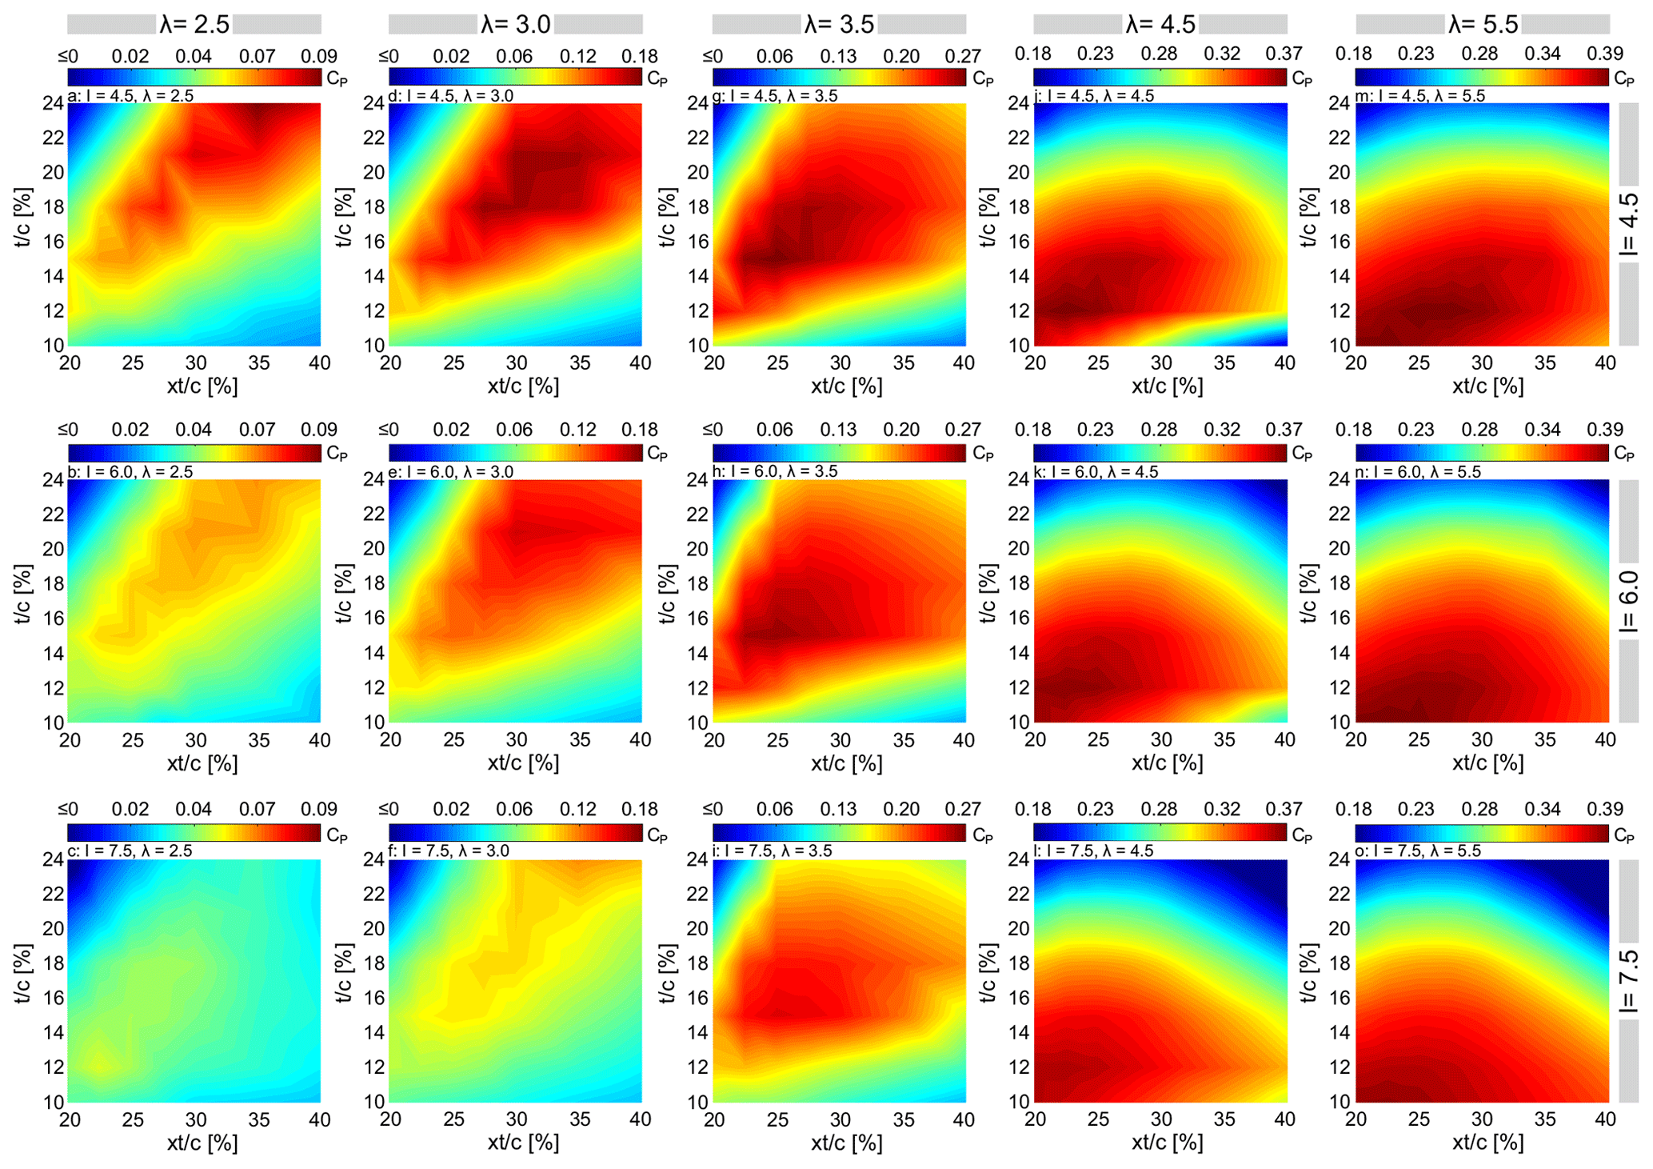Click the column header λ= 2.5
[x=194, y=24]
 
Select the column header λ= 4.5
[x=1160, y=24]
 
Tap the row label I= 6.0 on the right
[x=1628, y=601]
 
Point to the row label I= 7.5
[x=1628, y=980]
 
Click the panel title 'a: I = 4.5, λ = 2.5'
[x=130, y=96]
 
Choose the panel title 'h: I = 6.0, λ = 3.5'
[x=775, y=471]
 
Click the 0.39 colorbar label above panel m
[x=1605, y=54]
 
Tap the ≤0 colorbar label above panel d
[x=389, y=56]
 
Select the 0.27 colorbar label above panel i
[x=963, y=809]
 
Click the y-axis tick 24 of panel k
[x=1018, y=479]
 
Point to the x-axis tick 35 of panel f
[x=580, y=1119]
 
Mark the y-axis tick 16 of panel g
[x=698, y=241]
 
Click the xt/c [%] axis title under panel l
[x=1167, y=1143]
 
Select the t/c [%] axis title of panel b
[x=23, y=594]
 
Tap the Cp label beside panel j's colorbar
[x=1302, y=78]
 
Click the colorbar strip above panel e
[x=515, y=453]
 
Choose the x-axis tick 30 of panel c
[x=196, y=1119]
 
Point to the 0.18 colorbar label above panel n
[x=1353, y=430]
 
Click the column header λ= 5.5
[x=1483, y=24]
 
